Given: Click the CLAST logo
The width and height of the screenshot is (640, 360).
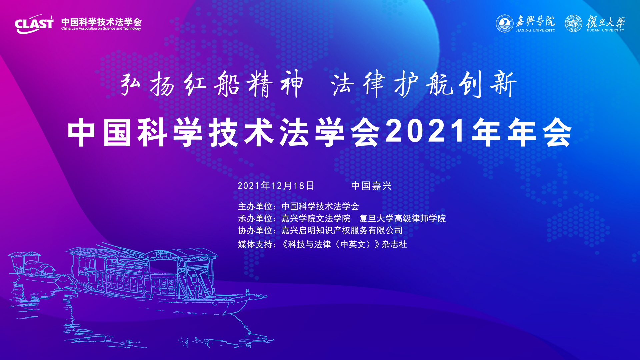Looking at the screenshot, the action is (x=34, y=24).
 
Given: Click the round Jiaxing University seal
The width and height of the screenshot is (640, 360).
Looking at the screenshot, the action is (x=504, y=23).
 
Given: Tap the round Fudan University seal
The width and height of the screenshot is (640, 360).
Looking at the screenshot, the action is (x=573, y=23).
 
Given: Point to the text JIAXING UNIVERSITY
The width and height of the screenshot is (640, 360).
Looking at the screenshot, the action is (x=536, y=30).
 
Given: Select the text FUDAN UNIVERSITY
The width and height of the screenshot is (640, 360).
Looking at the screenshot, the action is (x=606, y=30).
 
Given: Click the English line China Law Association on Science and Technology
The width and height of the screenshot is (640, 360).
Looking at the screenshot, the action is (x=101, y=29).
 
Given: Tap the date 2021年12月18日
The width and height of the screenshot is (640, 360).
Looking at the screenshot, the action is (x=276, y=186).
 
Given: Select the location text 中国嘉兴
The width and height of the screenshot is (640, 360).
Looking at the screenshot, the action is (x=371, y=186).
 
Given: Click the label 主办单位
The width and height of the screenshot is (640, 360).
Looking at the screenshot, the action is (x=255, y=206).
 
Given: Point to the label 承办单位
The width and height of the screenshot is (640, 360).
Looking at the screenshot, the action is (x=255, y=218).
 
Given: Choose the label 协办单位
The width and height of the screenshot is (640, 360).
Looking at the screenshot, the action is (x=255, y=230).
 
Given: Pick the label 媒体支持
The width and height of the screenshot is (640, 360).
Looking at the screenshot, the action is (x=255, y=244).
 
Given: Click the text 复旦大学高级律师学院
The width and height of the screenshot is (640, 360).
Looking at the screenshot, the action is (x=403, y=218).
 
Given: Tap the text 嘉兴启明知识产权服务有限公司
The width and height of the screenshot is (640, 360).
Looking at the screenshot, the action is (x=342, y=230).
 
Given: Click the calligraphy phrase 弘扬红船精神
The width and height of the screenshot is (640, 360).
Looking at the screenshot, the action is (x=212, y=84).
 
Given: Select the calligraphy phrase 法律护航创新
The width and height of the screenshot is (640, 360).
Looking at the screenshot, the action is (x=423, y=84).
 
